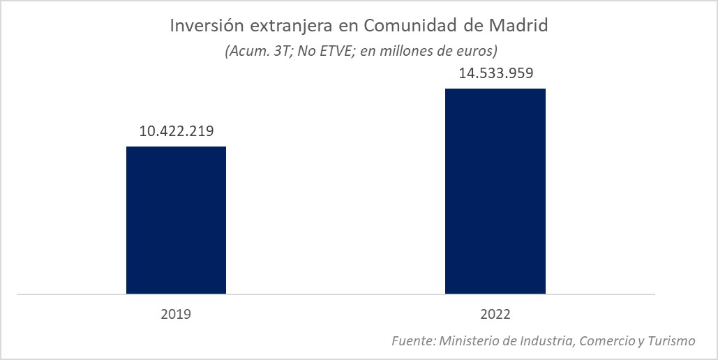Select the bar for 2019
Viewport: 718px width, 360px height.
tap(176, 220)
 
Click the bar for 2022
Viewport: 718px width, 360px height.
tap(495, 191)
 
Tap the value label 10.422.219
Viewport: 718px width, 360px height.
tap(176, 130)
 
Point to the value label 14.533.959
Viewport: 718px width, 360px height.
tap(495, 73)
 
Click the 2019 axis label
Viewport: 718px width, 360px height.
tap(176, 314)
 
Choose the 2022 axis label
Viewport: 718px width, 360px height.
tap(495, 314)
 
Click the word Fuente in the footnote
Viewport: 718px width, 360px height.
tap(412, 340)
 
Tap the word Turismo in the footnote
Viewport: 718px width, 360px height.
tap(671, 340)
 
